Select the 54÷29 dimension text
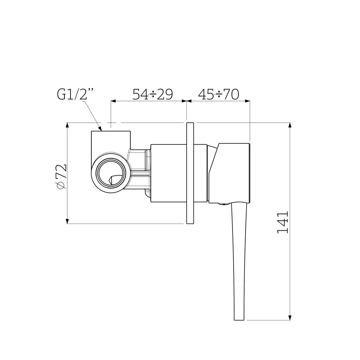click(153, 94)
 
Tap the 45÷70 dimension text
click(219, 94)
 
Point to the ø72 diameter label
click(61, 176)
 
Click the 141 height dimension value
click(283, 223)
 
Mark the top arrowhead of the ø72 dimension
click(67, 125)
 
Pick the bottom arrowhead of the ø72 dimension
click(67, 221)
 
